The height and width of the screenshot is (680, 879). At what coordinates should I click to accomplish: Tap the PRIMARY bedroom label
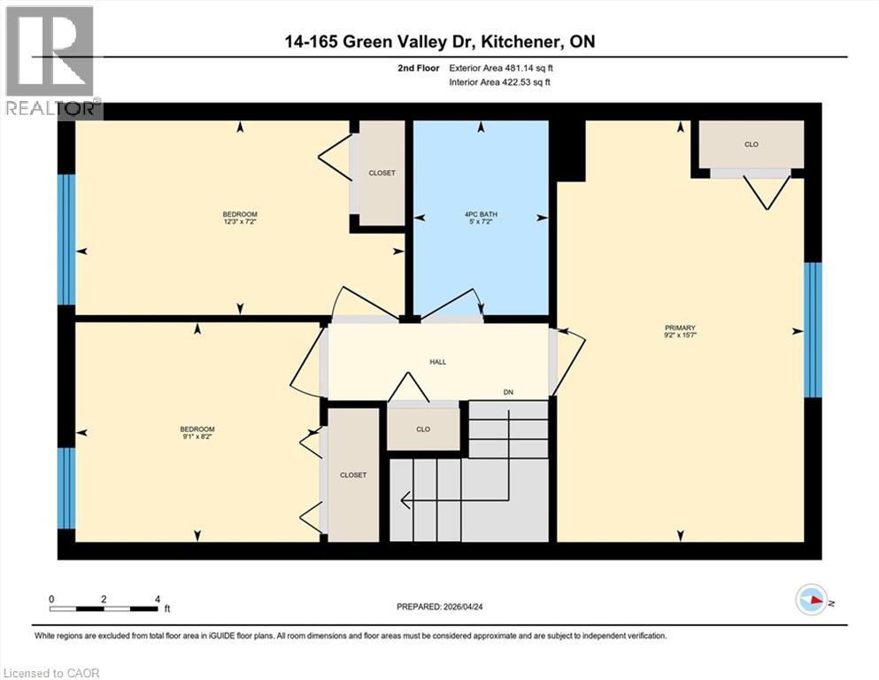681,328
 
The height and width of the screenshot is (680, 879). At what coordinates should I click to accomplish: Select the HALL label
437,361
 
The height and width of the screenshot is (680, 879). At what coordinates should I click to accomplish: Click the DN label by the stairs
508,392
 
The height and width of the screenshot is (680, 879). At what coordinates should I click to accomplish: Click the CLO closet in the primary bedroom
751,144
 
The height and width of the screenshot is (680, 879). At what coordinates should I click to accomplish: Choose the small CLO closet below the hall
423,429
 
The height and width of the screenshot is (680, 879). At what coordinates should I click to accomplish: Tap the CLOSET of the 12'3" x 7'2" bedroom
382,173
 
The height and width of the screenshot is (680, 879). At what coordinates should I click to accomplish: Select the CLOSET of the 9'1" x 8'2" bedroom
352,475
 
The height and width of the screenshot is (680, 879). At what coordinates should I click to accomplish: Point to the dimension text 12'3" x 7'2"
239,223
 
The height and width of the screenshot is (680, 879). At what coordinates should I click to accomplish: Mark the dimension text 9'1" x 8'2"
197,437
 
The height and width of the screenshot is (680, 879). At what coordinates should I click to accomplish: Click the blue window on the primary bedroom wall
813,330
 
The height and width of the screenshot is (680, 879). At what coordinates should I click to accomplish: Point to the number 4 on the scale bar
157,599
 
